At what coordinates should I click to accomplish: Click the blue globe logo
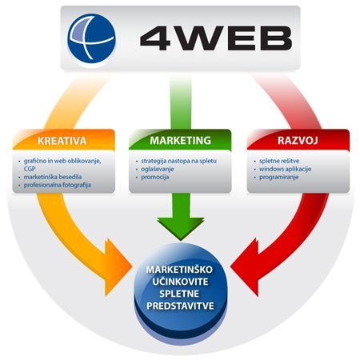point(91,38)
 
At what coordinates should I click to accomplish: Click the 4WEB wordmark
point(216,38)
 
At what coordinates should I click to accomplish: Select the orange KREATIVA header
point(62,141)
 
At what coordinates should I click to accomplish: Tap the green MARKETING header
point(180,140)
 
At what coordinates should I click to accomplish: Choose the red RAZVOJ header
point(298,140)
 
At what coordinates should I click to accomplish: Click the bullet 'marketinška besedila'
point(53,177)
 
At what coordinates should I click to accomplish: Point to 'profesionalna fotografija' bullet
point(58,185)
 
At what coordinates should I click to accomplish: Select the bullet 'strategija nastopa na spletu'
point(178,161)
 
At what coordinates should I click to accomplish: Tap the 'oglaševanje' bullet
point(158,169)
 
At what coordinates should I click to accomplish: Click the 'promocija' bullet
point(155,177)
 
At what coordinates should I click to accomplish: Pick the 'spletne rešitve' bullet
point(279,161)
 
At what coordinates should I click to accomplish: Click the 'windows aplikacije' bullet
point(285,169)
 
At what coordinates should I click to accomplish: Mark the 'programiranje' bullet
point(278,177)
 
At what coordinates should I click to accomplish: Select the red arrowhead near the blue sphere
point(245,267)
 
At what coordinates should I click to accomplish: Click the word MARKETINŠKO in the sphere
point(179,270)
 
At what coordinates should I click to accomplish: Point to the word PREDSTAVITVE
point(180,306)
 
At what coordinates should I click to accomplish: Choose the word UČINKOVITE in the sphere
point(180,282)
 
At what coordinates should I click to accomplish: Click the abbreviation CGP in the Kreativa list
point(30,169)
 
